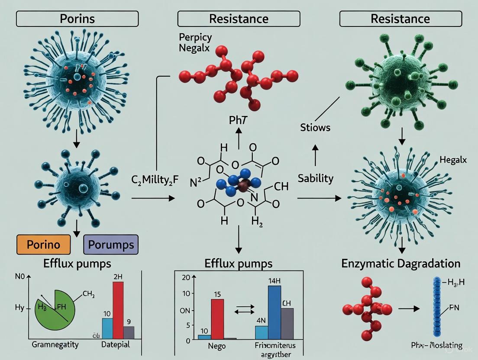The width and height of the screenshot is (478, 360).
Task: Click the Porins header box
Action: (x=77, y=19)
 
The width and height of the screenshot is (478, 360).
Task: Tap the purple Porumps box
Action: (x=110, y=244)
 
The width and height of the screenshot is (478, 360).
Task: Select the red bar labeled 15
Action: (x=217, y=318)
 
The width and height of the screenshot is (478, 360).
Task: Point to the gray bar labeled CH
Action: (x=287, y=323)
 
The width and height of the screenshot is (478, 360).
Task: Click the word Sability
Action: (x=316, y=178)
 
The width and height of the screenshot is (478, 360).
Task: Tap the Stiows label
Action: (x=316, y=127)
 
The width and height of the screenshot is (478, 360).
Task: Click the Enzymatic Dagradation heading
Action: (x=401, y=263)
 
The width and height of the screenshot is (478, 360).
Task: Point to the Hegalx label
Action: (x=453, y=160)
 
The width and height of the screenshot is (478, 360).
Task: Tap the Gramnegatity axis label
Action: (x=55, y=345)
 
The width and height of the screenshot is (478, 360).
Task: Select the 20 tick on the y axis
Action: (x=185, y=277)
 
